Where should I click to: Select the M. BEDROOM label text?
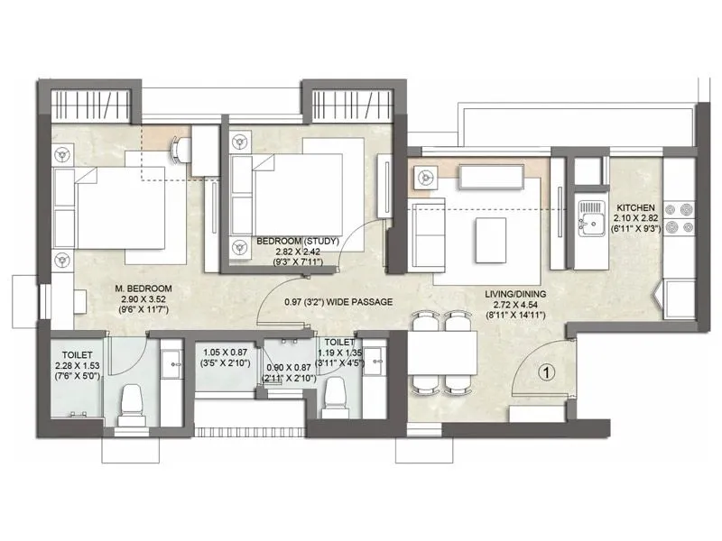tap(143, 289)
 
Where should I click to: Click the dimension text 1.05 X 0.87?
tap(224, 354)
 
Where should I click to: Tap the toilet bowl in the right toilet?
tap(336, 394)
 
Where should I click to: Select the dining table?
tap(442, 353)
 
